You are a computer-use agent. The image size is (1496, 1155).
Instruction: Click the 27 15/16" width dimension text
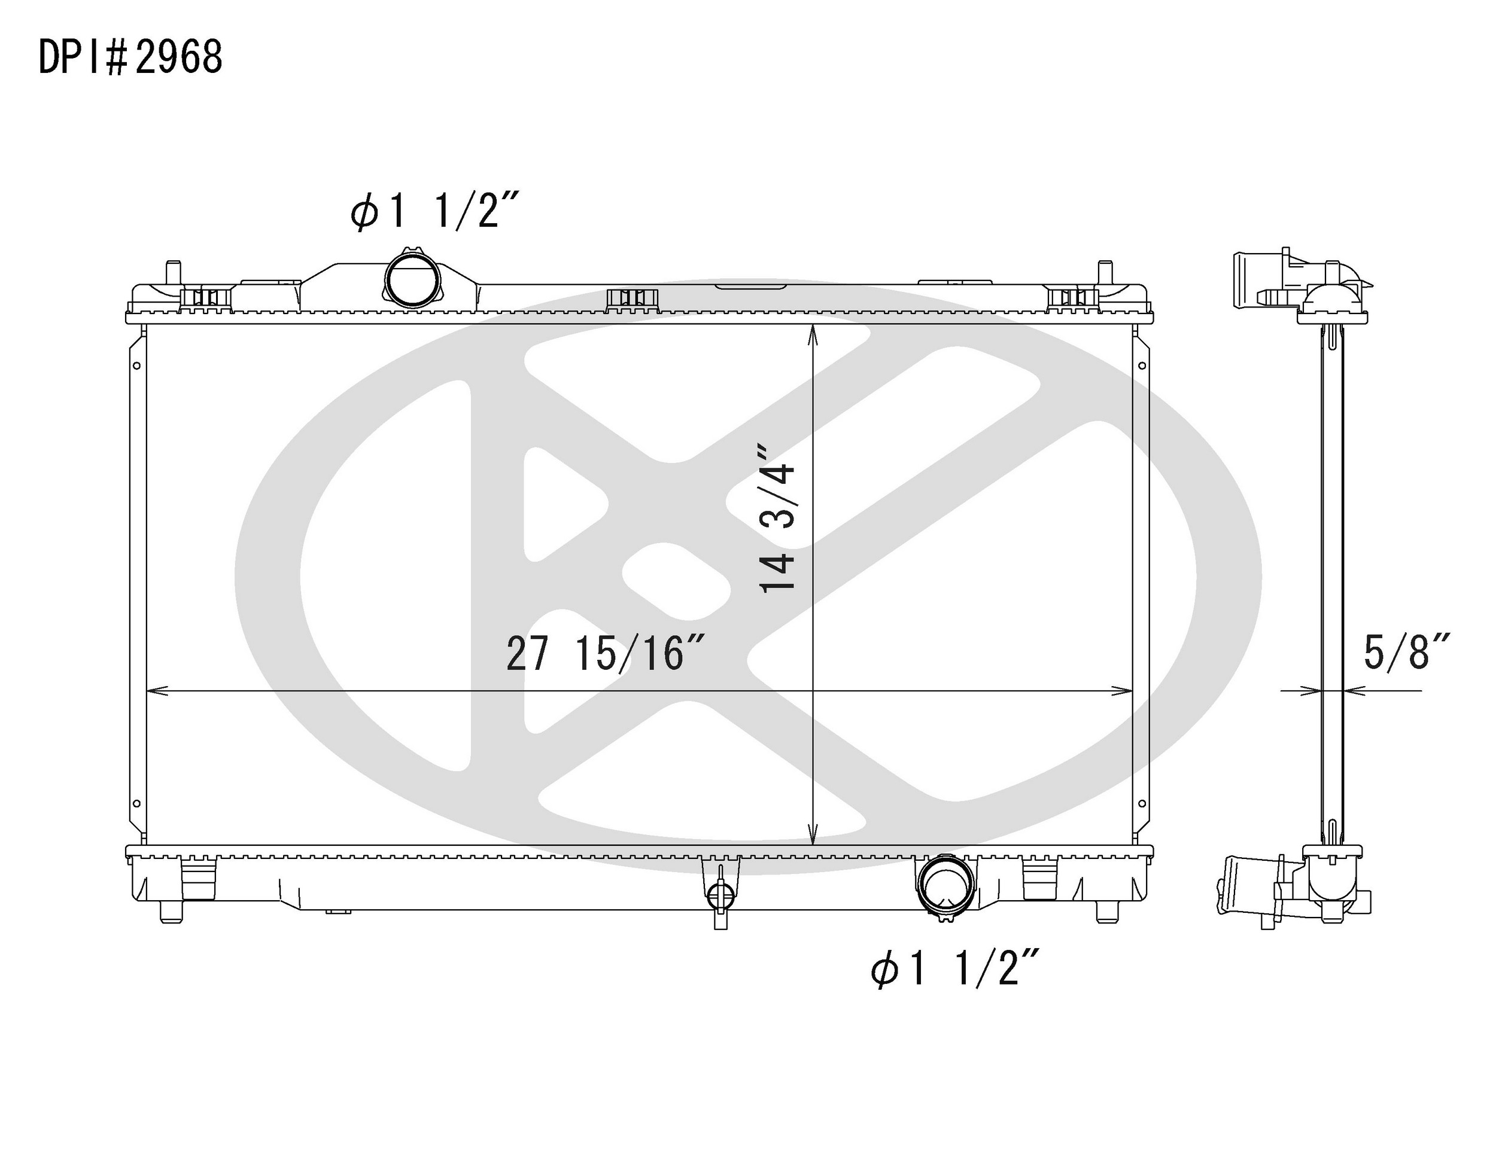[606, 654]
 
